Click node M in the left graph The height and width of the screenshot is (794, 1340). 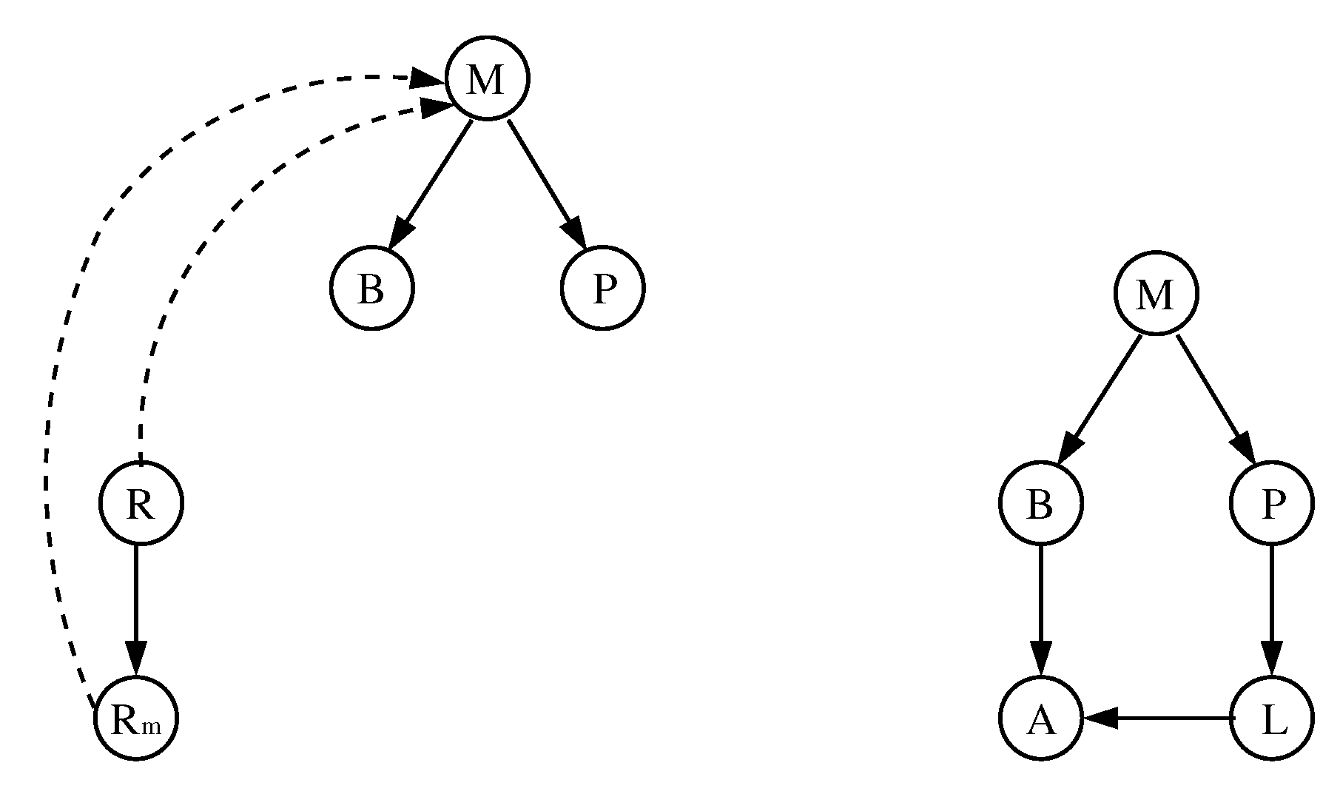tap(487, 78)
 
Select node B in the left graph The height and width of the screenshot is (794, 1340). tap(371, 289)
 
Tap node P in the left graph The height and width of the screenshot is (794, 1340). tap(603, 289)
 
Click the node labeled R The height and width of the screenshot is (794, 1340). tap(141, 504)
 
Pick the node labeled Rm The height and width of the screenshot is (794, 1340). tap(136, 719)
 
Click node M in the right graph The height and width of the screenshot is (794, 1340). tap(1155, 295)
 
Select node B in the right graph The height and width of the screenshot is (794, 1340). tap(1040, 504)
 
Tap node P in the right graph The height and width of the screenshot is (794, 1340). tap(1272, 504)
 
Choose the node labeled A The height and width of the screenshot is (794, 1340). tap(1040, 718)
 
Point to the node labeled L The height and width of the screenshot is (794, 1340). tap(1272, 718)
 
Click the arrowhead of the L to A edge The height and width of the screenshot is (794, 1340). tap(1100, 717)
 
